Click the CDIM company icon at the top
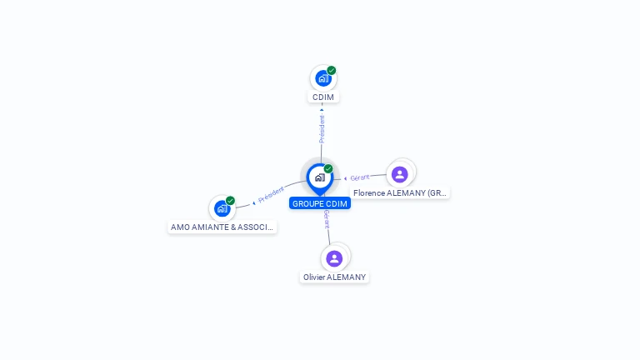click(x=322, y=79)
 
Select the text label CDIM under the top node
click(x=323, y=97)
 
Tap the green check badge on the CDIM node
click(x=332, y=71)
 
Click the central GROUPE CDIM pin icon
click(x=319, y=177)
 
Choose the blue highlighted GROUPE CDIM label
click(x=320, y=203)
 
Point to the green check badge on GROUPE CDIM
click(x=328, y=169)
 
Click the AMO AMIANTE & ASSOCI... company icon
click(x=222, y=208)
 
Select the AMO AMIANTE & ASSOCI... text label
click(x=222, y=227)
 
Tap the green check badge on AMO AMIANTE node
click(x=230, y=201)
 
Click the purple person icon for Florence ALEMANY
click(x=399, y=174)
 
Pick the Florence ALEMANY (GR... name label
click(x=400, y=193)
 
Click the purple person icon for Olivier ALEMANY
click(x=334, y=258)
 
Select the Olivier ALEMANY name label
click(x=334, y=277)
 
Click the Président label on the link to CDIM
click(x=322, y=128)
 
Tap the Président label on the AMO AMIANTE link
click(x=272, y=195)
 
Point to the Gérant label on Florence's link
click(x=360, y=177)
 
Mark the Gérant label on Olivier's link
click(x=327, y=220)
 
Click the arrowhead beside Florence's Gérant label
click(x=346, y=178)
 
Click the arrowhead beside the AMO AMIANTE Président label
click(x=254, y=202)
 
